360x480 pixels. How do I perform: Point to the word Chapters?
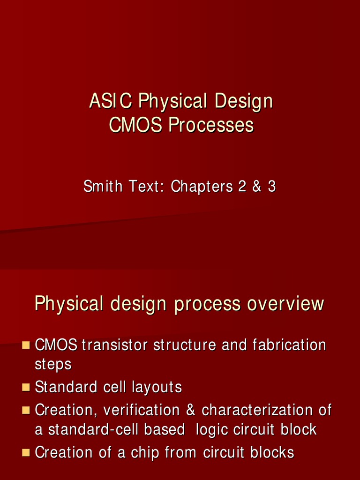coord(202,187)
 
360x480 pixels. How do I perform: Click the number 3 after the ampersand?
coord(272,187)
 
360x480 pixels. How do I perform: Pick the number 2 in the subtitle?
coord(242,187)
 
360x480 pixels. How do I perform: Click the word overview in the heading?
coord(285,304)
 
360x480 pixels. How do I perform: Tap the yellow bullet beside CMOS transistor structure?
coord(26,345)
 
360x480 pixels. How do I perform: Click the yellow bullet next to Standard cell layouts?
coord(26,388)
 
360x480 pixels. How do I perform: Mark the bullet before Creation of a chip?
coord(26,453)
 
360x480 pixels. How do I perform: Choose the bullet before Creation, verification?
coord(26,411)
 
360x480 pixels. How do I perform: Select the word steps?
coord(53,365)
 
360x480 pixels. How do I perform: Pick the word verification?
coord(141,411)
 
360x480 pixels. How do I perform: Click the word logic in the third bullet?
coord(210,429)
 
